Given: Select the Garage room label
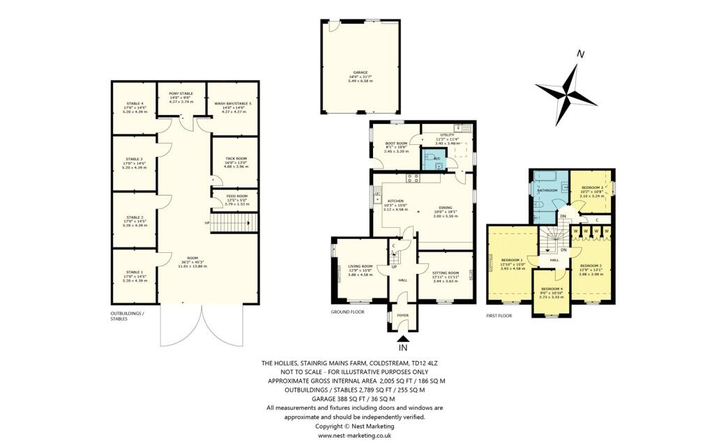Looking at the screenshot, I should click(360, 75).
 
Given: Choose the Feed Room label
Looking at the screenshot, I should click(234, 197).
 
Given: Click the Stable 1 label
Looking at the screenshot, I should click(135, 272).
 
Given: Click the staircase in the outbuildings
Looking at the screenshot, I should click(234, 223).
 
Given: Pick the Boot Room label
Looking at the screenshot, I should click(395, 144).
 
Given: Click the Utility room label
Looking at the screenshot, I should click(447, 135).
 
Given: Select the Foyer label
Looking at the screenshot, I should click(402, 315).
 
